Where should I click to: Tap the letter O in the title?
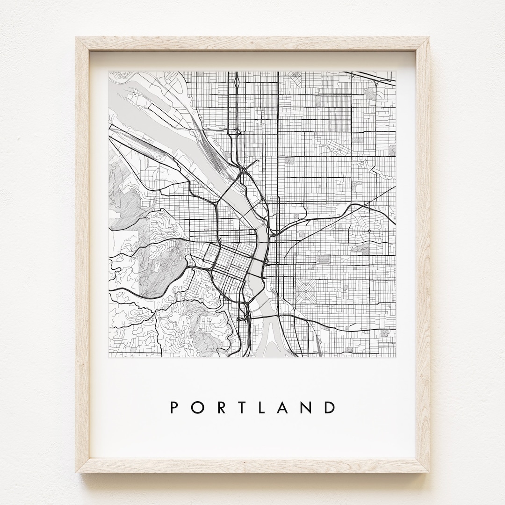coord(197,407)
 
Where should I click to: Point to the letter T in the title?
coord(242,407)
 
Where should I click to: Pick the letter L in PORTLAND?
coord(264,407)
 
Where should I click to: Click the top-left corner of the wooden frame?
coord(76,37)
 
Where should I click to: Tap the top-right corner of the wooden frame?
coord(429,37)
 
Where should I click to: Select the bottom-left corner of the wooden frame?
coord(76,472)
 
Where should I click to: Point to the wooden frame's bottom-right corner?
coord(429,472)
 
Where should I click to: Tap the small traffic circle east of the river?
coord(369,231)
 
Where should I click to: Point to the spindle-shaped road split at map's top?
coord(237,83)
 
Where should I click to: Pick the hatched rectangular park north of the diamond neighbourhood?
coord(323,259)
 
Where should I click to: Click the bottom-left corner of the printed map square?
coord(108,358)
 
